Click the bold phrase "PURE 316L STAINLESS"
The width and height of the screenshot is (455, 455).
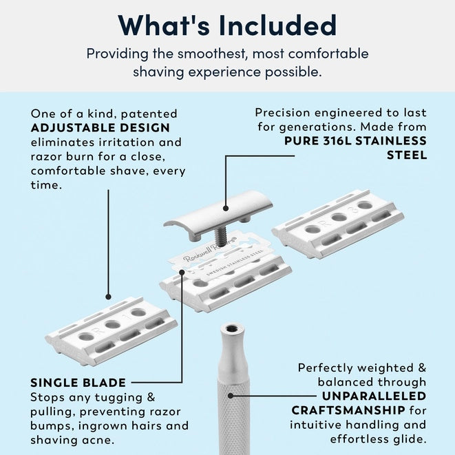[x=356, y=140]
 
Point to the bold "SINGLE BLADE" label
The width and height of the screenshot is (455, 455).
[x=78, y=382]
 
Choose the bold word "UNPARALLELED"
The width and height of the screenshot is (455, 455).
[x=374, y=396]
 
